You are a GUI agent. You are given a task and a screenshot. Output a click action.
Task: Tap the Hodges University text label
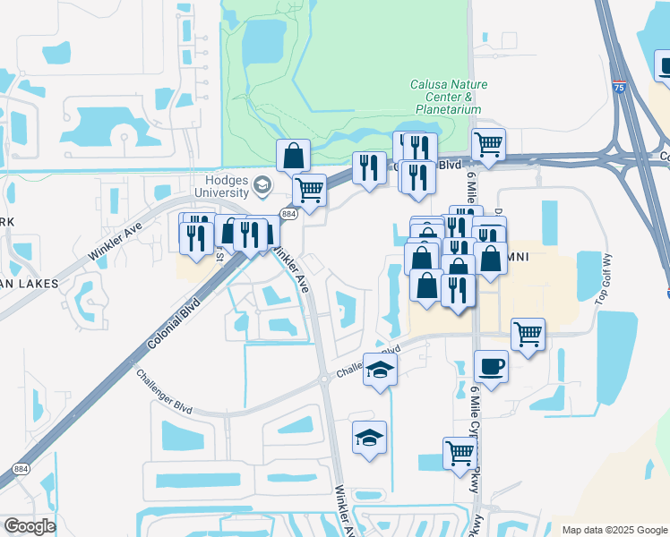point(220,186)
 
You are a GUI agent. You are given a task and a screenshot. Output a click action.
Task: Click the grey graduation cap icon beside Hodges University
point(262,186)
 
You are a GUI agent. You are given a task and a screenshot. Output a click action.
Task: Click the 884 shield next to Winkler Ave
point(288,215)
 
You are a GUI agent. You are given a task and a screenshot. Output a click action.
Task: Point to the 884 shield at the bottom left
point(21,468)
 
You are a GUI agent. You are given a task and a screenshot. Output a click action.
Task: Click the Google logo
point(30,526)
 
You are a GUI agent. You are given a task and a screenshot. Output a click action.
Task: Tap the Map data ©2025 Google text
point(614,530)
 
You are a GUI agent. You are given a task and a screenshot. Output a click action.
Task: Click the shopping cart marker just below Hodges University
point(309,190)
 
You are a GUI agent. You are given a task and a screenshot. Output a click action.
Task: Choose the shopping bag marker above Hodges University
point(293,156)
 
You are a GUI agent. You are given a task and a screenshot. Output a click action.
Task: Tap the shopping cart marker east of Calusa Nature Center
point(488,143)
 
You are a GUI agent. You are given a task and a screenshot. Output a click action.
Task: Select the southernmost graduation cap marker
point(369,438)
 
